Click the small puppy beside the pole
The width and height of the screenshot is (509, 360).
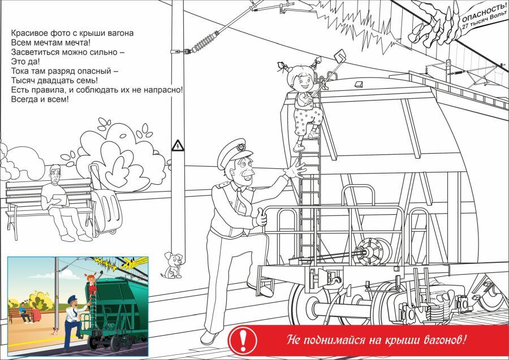point(172,266)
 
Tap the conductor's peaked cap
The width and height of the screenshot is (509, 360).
point(234,153)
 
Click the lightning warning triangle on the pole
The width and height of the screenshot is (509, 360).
point(178,145)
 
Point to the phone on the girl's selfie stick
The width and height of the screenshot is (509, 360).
point(340,56)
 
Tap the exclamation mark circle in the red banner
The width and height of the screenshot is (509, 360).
point(242,341)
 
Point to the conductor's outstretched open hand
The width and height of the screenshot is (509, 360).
point(294,168)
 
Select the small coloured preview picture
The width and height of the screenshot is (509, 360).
point(78,306)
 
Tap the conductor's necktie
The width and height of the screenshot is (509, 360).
point(243,203)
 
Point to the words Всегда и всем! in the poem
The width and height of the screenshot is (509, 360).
point(40,99)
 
